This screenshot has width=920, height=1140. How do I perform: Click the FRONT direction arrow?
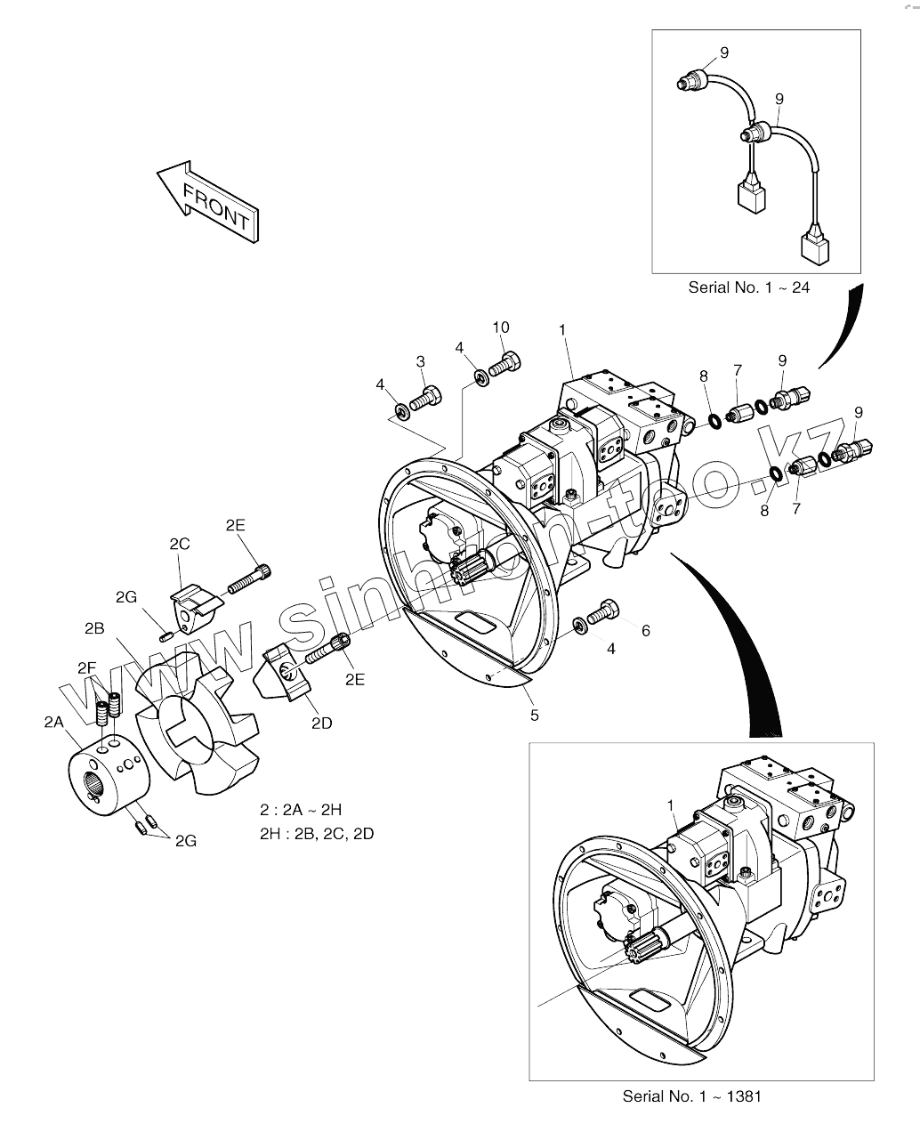pos(208,200)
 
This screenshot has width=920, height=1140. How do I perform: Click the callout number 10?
pos(501,327)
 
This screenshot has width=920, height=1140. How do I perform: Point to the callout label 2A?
pos(53,723)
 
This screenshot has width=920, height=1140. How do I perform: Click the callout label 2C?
pos(179,544)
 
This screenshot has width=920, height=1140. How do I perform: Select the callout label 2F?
pos(86,667)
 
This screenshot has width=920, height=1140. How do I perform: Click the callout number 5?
pos(534,715)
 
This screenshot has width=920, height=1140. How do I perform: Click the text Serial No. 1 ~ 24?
pos(749,287)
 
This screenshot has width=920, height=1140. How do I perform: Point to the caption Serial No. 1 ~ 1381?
pos(691,1096)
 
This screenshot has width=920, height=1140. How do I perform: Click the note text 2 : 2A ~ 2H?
pos(301,810)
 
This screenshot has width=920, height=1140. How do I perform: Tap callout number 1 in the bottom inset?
pos(672,804)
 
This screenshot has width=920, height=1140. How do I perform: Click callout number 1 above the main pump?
pos(562,330)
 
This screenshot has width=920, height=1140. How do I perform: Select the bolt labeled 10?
pos(505,363)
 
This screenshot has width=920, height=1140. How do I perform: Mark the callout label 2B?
pos(94,628)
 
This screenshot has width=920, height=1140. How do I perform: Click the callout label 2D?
pos(321,723)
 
